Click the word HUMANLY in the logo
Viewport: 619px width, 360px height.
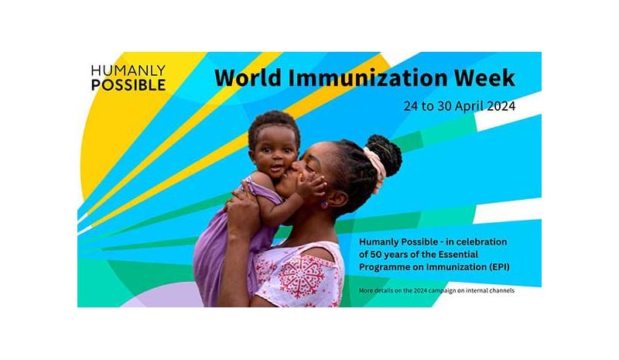128,70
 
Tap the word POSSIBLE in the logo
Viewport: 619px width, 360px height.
128,85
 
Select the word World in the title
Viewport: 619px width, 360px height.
248,77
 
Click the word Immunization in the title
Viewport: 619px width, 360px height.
368,77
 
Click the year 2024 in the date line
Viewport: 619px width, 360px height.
501,106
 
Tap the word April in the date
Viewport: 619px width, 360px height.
469,106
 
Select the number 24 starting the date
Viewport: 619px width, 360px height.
411,106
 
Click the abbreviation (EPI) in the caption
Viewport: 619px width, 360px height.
499,267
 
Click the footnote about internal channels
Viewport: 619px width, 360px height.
436,290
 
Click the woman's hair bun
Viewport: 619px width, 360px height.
385,153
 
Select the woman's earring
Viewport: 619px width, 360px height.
323,204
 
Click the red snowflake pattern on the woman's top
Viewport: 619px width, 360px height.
302,276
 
